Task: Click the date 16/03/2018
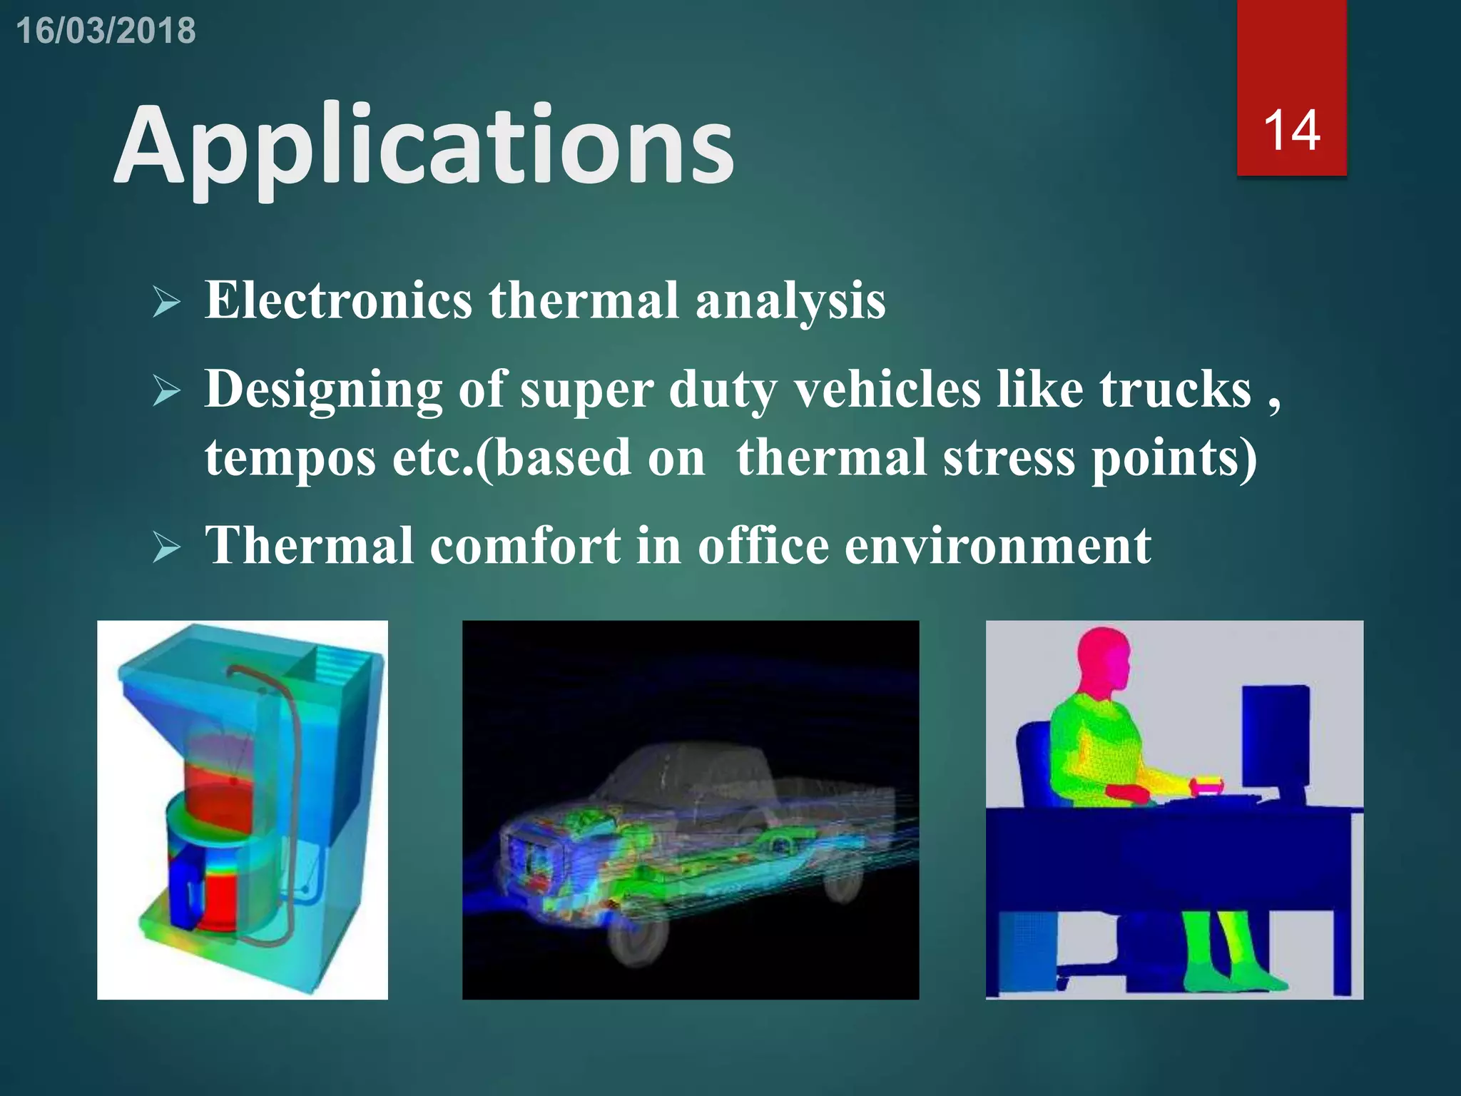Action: pos(106,31)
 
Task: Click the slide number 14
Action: pos(1291,131)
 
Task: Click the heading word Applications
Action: pos(424,146)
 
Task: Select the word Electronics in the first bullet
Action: pos(338,300)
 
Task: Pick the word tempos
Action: pos(290,458)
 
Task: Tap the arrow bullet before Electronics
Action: pos(166,303)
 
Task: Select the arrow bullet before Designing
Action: pos(166,392)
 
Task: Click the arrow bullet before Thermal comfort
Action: pos(166,548)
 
